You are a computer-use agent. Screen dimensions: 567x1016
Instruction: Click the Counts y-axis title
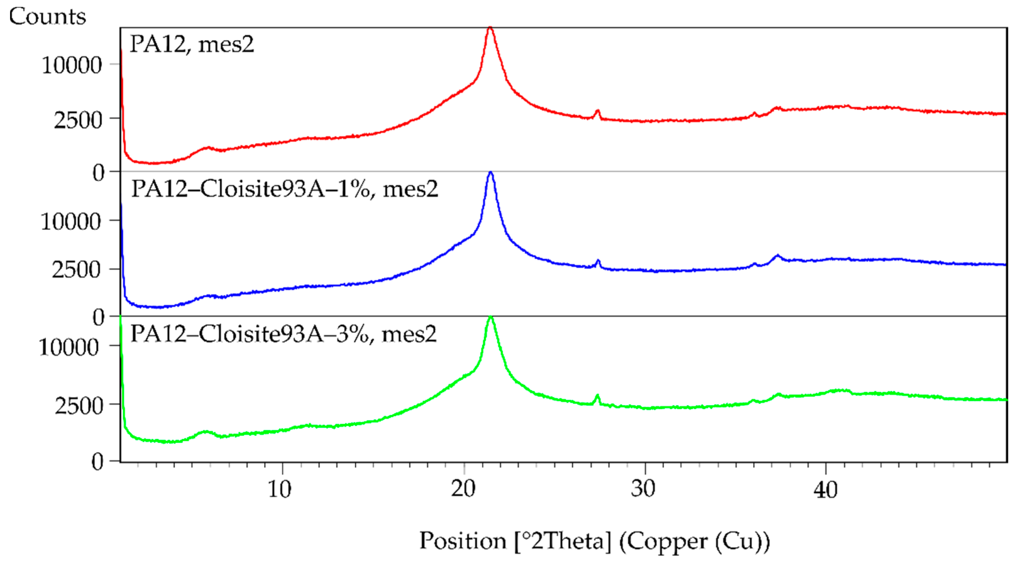click(x=47, y=17)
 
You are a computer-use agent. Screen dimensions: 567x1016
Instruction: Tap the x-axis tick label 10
click(x=280, y=490)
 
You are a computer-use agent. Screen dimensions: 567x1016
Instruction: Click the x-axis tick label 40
click(x=825, y=490)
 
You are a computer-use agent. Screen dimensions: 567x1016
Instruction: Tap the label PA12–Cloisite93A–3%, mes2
click(x=283, y=334)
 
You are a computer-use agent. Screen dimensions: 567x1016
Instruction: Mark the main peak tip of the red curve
click(x=490, y=28)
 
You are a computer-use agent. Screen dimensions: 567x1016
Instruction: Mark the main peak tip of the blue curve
click(x=491, y=172)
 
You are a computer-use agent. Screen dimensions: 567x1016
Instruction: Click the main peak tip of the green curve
click(x=491, y=317)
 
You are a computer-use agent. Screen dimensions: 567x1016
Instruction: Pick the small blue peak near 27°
click(x=598, y=260)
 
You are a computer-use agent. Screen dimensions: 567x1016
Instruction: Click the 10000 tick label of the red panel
click(x=72, y=65)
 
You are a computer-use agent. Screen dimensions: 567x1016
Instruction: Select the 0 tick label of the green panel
click(x=98, y=461)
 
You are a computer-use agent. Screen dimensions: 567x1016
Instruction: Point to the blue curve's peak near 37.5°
click(x=777, y=255)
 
